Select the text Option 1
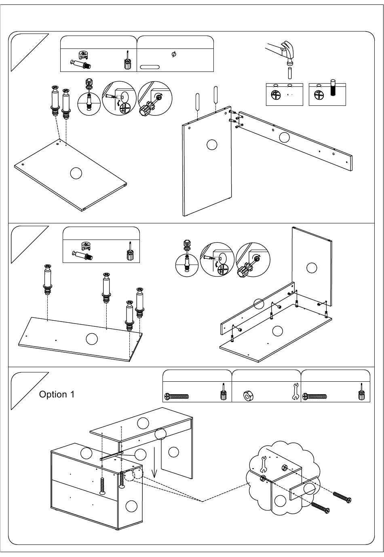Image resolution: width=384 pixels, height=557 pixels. (57, 395)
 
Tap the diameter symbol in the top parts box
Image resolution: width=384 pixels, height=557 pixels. (174, 54)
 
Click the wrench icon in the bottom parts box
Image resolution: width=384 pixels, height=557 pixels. (295, 391)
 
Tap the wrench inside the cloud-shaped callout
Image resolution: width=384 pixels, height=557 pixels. (264, 464)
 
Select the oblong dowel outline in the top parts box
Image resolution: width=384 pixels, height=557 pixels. (150, 67)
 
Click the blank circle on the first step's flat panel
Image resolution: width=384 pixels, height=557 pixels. (76, 173)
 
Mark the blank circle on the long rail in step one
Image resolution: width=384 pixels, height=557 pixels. (285, 137)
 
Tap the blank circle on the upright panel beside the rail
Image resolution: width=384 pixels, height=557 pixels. (212, 144)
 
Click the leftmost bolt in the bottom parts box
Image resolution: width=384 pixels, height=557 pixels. (177, 396)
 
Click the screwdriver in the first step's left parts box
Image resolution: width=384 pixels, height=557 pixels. (127, 61)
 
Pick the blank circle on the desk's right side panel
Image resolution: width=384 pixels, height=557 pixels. (173, 452)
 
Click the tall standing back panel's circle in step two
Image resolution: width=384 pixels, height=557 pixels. (311, 267)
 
